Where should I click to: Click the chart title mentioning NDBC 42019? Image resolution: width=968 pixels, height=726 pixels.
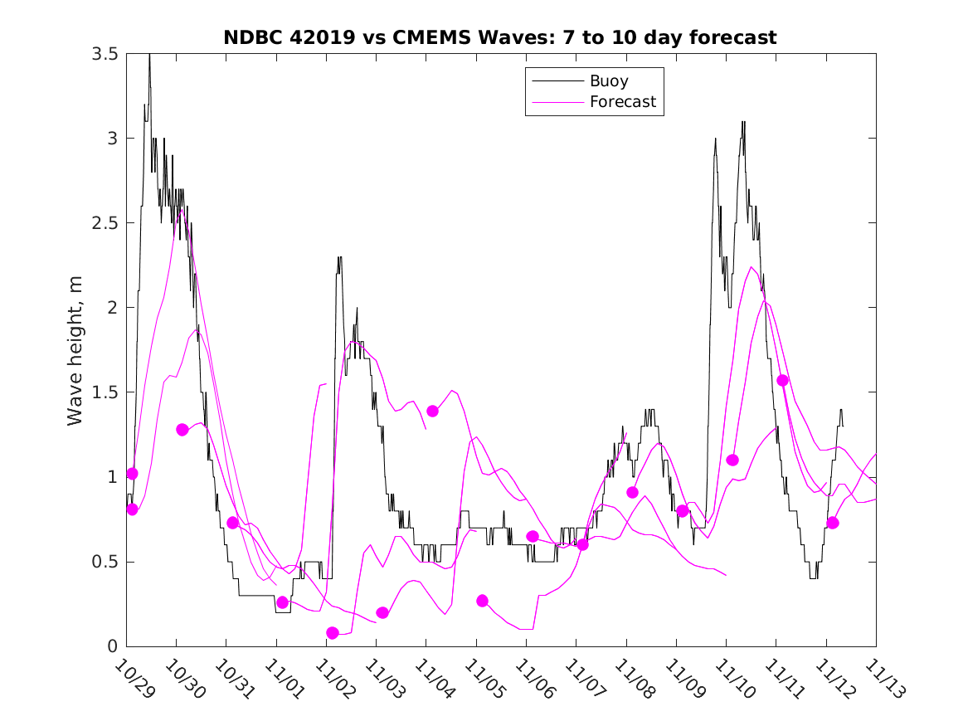click(x=500, y=37)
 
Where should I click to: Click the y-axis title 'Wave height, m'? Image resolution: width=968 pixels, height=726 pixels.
click(x=75, y=350)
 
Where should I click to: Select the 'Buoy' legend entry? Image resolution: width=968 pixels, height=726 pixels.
click(x=608, y=81)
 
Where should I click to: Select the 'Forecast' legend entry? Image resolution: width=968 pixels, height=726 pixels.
click(x=622, y=102)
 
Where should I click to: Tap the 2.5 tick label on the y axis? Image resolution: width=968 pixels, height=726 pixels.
click(x=104, y=223)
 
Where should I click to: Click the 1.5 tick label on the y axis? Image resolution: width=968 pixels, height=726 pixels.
click(x=104, y=392)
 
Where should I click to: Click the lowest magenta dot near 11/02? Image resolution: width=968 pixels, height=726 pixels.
click(x=333, y=633)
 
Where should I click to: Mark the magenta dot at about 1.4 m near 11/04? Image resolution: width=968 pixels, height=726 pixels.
click(x=432, y=411)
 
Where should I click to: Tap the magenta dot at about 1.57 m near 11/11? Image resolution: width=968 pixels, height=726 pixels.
click(x=782, y=380)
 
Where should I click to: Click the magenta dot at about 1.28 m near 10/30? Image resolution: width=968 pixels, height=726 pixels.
click(x=182, y=429)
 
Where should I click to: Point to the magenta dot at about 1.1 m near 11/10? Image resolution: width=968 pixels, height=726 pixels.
click(x=732, y=460)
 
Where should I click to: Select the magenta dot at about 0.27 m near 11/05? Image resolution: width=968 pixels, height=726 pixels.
click(x=482, y=601)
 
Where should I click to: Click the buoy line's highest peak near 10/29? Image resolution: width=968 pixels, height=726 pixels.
click(x=149, y=55)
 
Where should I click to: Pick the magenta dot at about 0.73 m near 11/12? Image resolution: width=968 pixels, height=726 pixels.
click(x=833, y=523)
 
